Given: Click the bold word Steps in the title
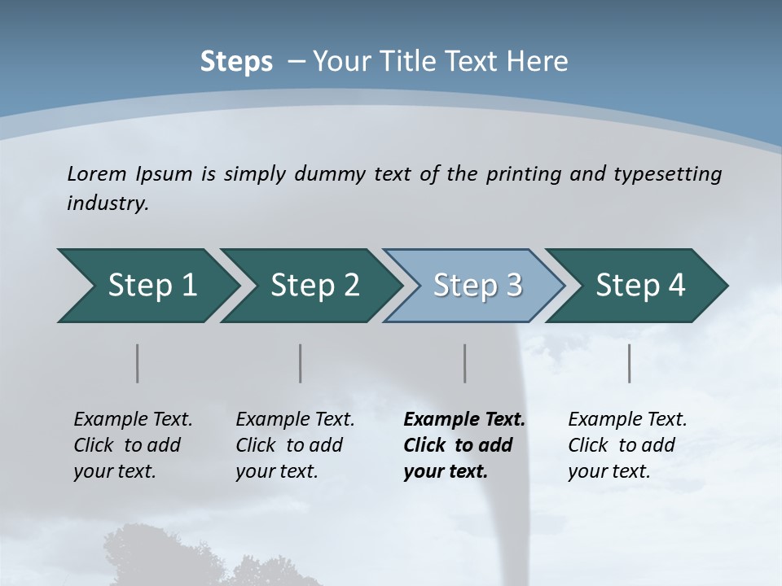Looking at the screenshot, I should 236,62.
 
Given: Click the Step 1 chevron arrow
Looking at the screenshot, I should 147,286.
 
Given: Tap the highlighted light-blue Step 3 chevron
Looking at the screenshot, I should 474,286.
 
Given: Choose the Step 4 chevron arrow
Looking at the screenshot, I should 637,286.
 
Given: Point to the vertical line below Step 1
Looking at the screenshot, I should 138,363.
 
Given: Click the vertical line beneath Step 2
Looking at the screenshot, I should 301,363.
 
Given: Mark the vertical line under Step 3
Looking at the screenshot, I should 465,363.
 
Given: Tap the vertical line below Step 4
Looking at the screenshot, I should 630,363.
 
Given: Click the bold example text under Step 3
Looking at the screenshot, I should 464,445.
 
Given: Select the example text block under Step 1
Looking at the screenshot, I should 133,445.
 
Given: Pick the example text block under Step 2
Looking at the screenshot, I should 295,445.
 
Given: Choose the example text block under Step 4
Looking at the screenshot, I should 627,445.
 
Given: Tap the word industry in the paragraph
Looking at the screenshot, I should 108,203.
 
